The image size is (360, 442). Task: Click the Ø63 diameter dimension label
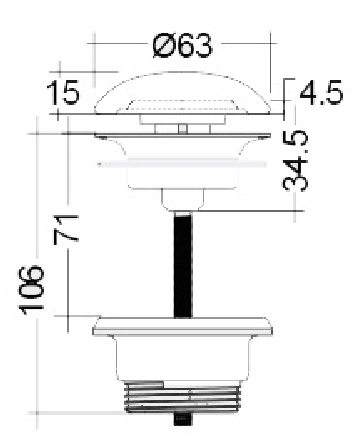pos(182,45)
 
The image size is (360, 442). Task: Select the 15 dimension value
pos(63,92)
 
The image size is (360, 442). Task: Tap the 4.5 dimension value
pos(321,92)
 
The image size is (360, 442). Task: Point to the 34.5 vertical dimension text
pos(295,161)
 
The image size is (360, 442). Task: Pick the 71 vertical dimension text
pos(66,229)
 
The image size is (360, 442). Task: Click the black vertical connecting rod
pos(183,265)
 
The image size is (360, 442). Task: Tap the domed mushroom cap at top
pos(183,93)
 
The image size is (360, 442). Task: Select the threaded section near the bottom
pos(183,397)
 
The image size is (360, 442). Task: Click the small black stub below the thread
pos(182,419)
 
